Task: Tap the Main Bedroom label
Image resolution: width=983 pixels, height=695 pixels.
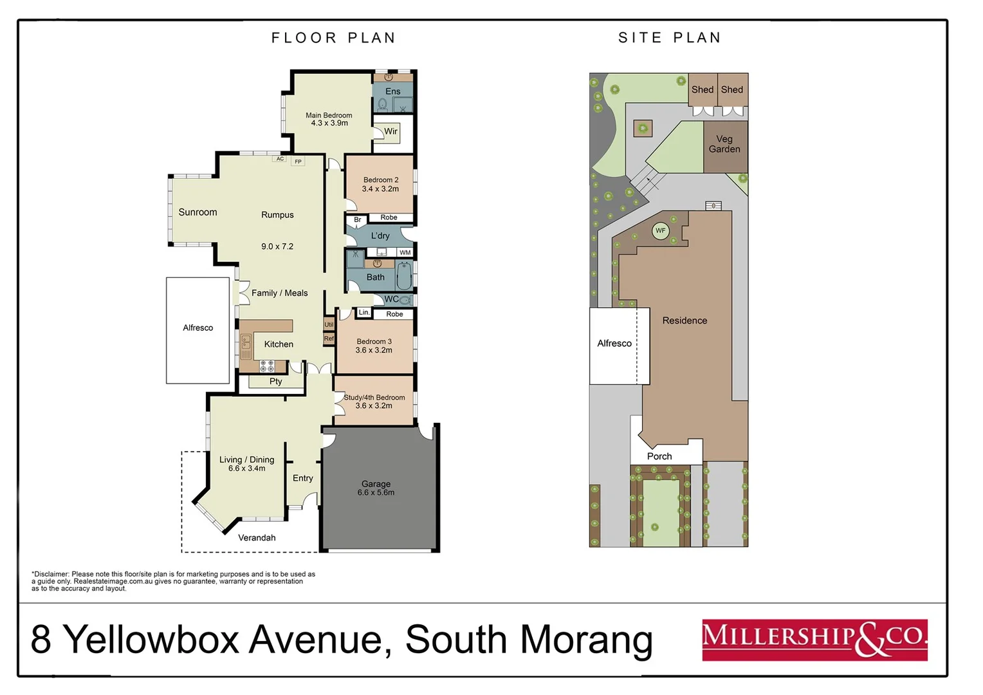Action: [329, 116]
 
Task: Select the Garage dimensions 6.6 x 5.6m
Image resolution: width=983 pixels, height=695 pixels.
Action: [376, 493]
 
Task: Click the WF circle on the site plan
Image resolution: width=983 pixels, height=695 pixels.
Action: [660, 231]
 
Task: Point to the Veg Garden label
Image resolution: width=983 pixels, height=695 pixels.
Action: [724, 144]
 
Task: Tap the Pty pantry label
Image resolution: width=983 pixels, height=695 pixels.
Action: [276, 382]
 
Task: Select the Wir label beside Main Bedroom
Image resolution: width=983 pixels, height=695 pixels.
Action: [390, 132]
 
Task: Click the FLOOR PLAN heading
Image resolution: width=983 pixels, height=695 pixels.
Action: [333, 38]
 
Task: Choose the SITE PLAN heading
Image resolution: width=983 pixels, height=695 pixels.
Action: [670, 38]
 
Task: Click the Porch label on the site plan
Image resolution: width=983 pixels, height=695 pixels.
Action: [659, 456]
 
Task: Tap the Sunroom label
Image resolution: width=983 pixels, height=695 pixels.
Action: [198, 212]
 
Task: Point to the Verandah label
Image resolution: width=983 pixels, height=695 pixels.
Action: [257, 538]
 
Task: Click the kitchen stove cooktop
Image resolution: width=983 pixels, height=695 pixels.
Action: [267, 366]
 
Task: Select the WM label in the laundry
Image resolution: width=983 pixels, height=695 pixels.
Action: [405, 253]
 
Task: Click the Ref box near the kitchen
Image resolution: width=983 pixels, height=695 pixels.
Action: [329, 338]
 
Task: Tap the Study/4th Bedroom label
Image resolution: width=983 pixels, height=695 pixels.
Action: [374, 398]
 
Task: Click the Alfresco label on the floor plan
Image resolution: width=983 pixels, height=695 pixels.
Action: [198, 328]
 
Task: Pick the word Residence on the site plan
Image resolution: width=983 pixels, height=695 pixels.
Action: [684, 320]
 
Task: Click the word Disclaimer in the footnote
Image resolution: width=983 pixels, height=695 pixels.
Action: [51, 574]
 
